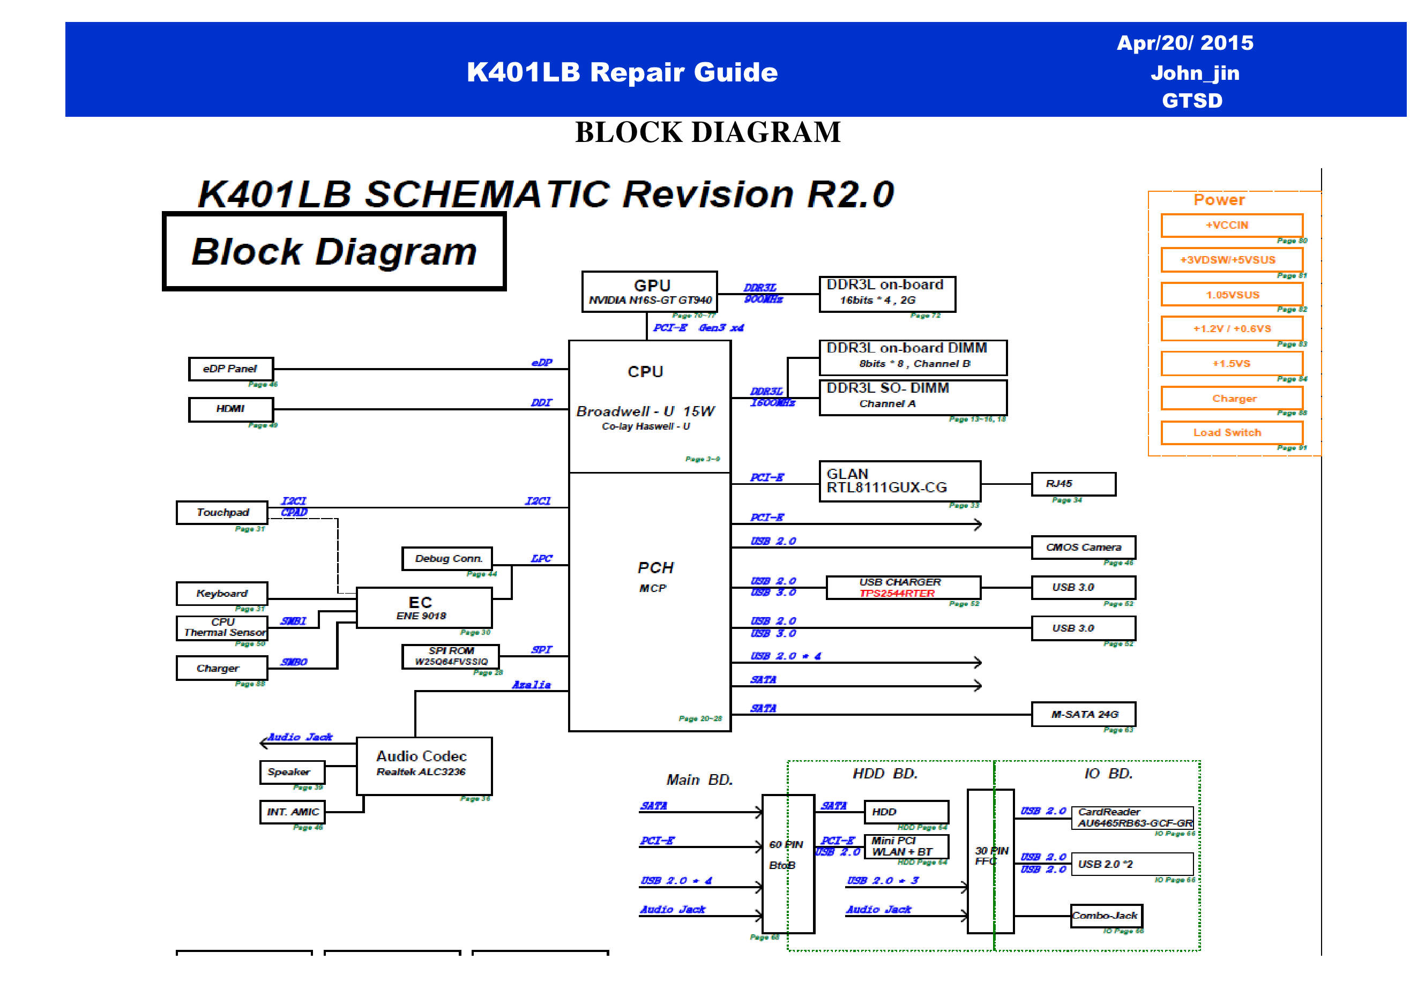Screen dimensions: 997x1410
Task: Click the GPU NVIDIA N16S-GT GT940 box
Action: point(649,291)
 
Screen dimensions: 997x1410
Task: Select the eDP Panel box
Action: point(230,369)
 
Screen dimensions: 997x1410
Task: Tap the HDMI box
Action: point(230,409)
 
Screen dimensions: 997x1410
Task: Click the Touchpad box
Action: point(222,513)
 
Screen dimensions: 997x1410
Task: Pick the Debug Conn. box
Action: point(447,559)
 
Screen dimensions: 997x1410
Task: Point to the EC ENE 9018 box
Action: point(424,608)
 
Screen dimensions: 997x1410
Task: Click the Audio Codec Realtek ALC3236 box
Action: point(424,766)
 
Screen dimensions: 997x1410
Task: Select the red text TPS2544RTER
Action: point(897,594)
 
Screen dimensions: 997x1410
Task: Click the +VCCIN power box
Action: point(1232,226)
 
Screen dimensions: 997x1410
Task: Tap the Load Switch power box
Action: point(1232,433)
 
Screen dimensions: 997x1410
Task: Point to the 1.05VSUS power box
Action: point(1232,295)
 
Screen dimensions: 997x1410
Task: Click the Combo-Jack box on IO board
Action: point(1106,916)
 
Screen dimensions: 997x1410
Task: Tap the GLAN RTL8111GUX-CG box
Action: point(900,481)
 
